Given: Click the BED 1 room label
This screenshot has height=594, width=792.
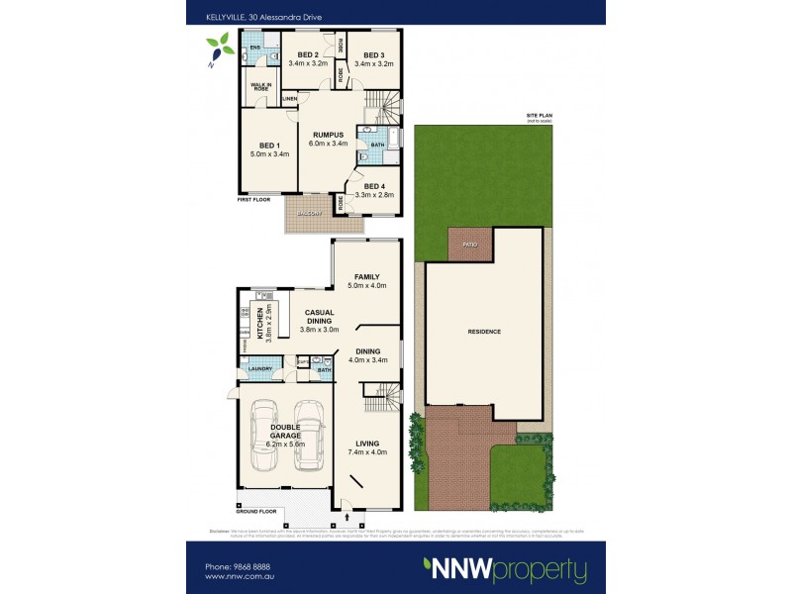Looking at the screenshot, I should coord(259,146).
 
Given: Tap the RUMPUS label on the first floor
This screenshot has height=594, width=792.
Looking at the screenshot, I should coord(328,134).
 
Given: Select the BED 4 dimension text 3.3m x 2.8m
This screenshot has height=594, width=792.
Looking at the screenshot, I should coord(374,195).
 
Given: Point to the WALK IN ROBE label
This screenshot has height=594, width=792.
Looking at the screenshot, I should coord(260,87).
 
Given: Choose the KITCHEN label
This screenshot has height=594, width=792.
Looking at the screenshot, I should coord(260,321).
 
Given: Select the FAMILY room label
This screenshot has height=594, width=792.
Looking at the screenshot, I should coord(367,277).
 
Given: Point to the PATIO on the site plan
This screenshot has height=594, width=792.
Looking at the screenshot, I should coord(468,243).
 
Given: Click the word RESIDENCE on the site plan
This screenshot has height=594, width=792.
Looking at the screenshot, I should coord(484,332).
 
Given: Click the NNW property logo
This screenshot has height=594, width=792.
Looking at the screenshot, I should coord(505,570).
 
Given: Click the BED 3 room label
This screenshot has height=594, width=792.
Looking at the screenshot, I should coord(374,54).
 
